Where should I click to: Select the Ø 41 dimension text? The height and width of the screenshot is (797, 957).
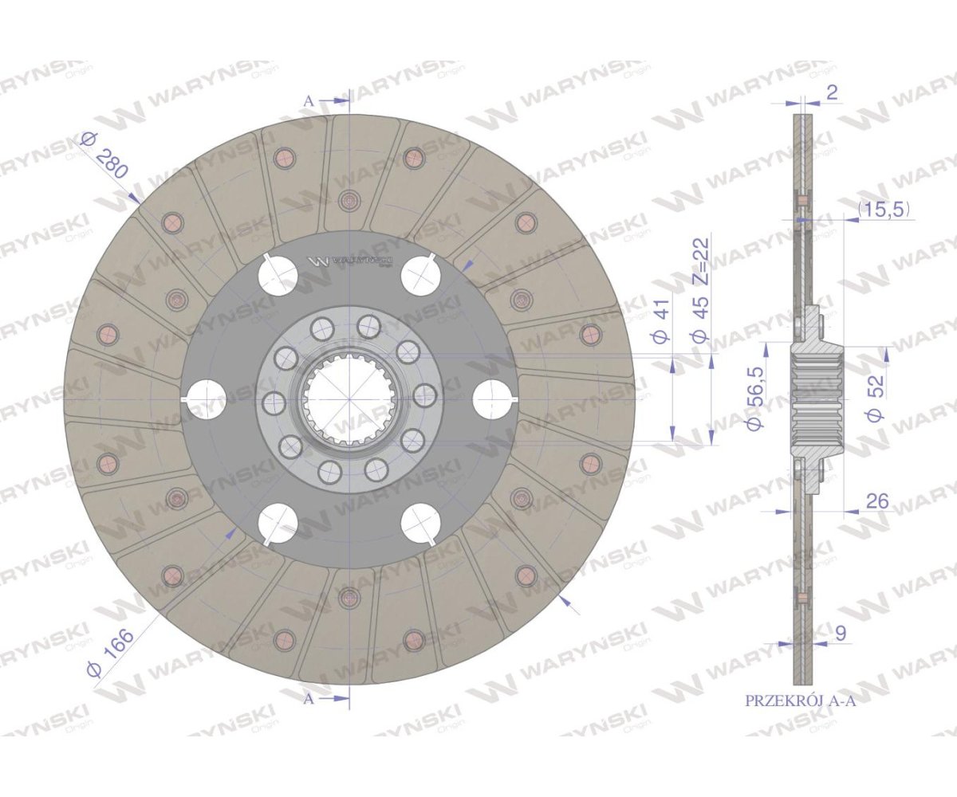point(661,320)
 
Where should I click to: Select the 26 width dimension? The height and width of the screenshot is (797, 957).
point(877,501)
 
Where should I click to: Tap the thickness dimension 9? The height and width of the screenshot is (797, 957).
point(840,634)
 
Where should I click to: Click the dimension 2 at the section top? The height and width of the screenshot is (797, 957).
point(833,92)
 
